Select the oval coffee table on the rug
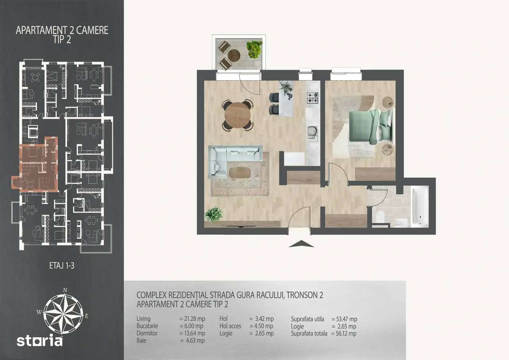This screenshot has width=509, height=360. pos(241,172)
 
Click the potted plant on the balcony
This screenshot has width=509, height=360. pos(254,49)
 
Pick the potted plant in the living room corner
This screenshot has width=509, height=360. pos(214,214)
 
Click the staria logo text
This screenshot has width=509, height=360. pos(39,341)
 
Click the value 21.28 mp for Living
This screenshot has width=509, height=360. pos(192,319)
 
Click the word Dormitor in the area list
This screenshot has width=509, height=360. pos(147,333)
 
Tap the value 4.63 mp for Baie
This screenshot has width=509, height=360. pos(192,341)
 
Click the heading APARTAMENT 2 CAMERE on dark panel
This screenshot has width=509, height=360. pos(62,31)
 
